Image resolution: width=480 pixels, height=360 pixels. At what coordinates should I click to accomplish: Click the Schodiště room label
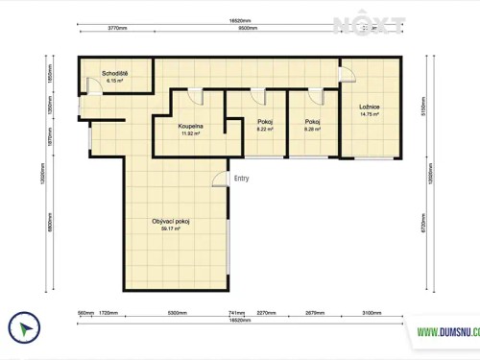pos(115,74)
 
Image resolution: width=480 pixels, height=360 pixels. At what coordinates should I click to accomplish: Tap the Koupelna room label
pos(191,126)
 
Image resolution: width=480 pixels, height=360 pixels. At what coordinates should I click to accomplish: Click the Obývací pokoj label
pos(172,223)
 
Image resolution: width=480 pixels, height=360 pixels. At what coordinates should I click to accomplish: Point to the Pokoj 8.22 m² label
pos(265,122)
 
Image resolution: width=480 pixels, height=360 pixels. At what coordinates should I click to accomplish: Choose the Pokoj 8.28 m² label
pos(312,122)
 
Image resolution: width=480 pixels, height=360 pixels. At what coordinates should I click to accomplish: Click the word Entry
pos(242,178)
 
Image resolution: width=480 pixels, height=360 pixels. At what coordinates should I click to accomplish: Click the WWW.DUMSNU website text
pos(447,332)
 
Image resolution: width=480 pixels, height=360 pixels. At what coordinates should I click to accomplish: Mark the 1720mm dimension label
pos(108,313)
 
